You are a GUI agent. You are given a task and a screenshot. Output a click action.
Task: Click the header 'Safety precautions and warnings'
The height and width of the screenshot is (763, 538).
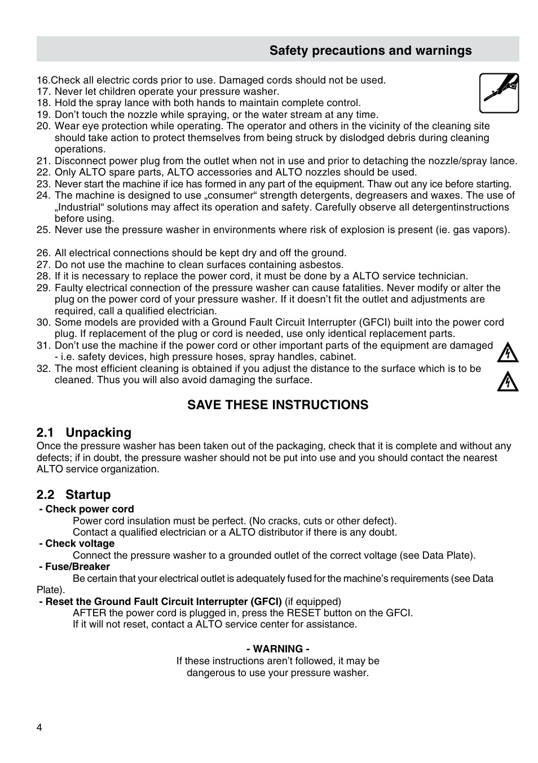pos(370,51)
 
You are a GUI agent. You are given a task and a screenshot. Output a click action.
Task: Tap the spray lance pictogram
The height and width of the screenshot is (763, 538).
pos(499,93)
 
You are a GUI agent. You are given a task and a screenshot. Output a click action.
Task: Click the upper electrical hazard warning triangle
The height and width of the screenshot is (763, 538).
pos(508,353)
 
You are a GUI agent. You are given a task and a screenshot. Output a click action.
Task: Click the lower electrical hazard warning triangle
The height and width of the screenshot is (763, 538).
pos(508,382)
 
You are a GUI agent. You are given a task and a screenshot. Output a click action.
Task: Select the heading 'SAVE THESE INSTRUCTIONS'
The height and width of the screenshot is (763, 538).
pos(277,405)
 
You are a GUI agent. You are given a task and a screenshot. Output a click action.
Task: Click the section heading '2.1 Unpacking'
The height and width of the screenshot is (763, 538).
pos(84,433)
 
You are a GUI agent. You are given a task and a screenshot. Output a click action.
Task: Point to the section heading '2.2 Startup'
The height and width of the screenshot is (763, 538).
pos(74,495)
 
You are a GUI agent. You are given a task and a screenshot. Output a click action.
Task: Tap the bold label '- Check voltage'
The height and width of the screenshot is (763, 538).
pos(77,543)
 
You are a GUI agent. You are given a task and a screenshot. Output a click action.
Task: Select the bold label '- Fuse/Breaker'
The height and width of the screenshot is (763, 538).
pos(74,567)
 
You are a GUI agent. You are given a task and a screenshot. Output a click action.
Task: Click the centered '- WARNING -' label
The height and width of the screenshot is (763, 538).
pos(277,649)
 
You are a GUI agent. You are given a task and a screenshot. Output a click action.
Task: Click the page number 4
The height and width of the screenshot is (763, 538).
pos(39,727)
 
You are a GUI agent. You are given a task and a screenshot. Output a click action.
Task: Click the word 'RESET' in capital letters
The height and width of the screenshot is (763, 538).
pos(304,613)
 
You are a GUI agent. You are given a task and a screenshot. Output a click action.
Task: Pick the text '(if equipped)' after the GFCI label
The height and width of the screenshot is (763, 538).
pos(313,602)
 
